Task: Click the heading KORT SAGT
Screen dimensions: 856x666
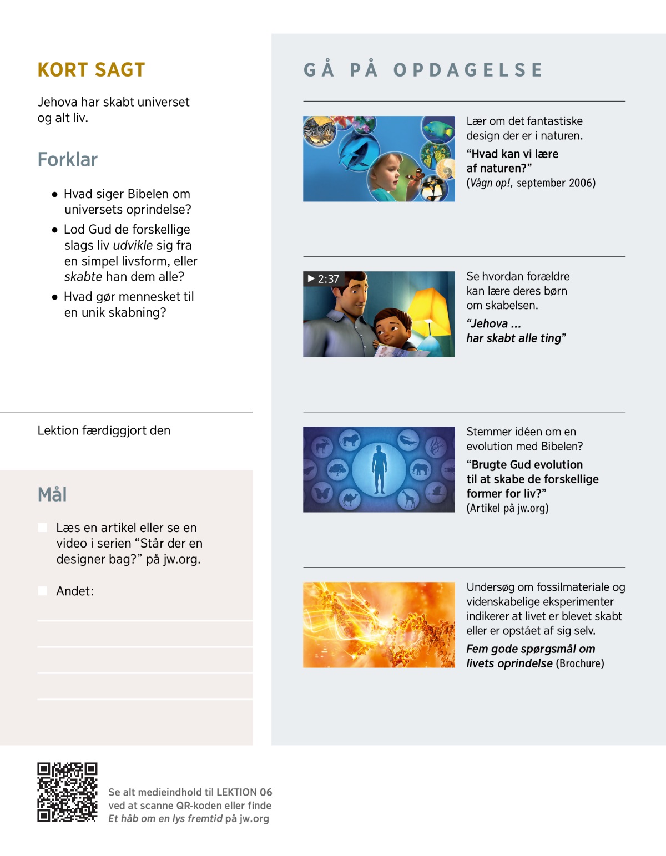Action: [x=91, y=70]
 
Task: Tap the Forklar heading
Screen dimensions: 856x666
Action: [x=67, y=160]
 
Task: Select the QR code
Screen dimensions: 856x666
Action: [x=67, y=792]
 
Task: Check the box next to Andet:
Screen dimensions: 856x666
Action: [x=42, y=591]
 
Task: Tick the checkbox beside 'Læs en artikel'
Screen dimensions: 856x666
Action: [x=42, y=528]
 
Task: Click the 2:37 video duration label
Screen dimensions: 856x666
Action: [x=323, y=279]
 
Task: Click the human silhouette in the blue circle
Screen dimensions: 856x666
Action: [x=379, y=469]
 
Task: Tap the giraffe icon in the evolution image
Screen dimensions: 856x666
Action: [x=408, y=499]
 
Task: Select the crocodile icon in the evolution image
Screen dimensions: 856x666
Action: [x=408, y=441]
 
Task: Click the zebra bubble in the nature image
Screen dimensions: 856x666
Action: [x=319, y=132]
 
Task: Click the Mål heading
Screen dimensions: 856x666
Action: [x=52, y=494]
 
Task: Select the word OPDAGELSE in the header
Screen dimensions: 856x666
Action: [x=468, y=70]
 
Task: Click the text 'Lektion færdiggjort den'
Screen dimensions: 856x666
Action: [x=104, y=430]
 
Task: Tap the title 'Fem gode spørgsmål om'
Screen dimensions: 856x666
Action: [x=530, y=649]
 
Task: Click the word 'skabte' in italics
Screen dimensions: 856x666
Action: [x=83, y=277]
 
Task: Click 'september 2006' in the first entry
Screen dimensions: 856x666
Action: [x=556, y=183]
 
